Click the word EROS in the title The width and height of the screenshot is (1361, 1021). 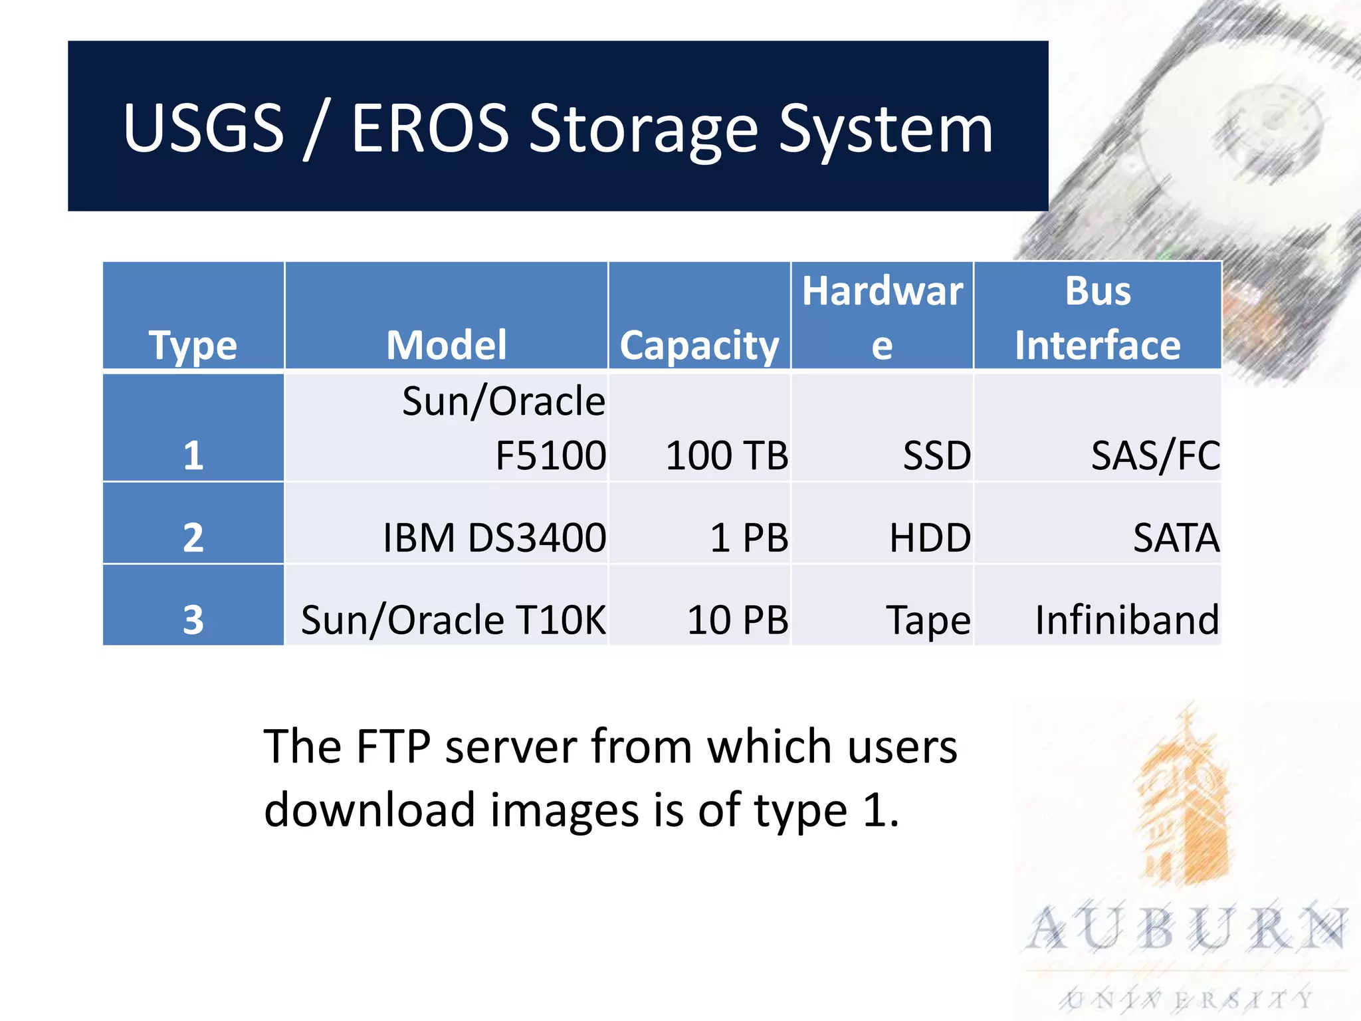[429, 128]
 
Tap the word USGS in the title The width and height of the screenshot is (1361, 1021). [203, 128]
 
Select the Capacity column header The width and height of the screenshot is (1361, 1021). [699, 345]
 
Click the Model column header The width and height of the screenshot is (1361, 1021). [447, 345]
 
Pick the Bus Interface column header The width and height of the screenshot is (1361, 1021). [1098, 318]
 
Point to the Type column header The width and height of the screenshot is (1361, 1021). [193, 345]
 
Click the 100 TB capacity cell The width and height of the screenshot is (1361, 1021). [727, 456]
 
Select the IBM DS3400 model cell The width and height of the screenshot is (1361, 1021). [494, 537]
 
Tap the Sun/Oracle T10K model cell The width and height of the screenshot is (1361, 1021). [453, 620]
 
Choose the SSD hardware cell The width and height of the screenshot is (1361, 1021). [936, 456]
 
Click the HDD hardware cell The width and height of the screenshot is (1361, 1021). [930, 537]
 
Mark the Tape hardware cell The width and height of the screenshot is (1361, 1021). [928, 620]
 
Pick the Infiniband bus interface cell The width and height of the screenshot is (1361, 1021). [1127, 620]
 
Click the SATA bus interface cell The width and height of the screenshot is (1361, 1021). [1176, 537]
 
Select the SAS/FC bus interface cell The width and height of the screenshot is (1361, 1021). [1155, 456]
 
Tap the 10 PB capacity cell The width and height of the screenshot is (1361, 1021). [738, 620]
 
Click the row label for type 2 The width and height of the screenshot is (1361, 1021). [193, 537]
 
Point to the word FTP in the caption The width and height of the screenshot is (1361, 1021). [393, 746]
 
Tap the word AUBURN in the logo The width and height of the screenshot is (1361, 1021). [1187, 929]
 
